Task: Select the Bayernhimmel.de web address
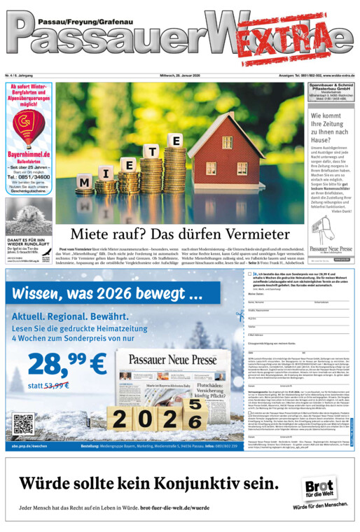click(x=29, y=153)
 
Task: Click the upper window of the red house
click(x=228, y=141)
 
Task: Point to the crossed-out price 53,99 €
click(x=55, y=385)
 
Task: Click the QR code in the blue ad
click(x=23, y=424)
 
